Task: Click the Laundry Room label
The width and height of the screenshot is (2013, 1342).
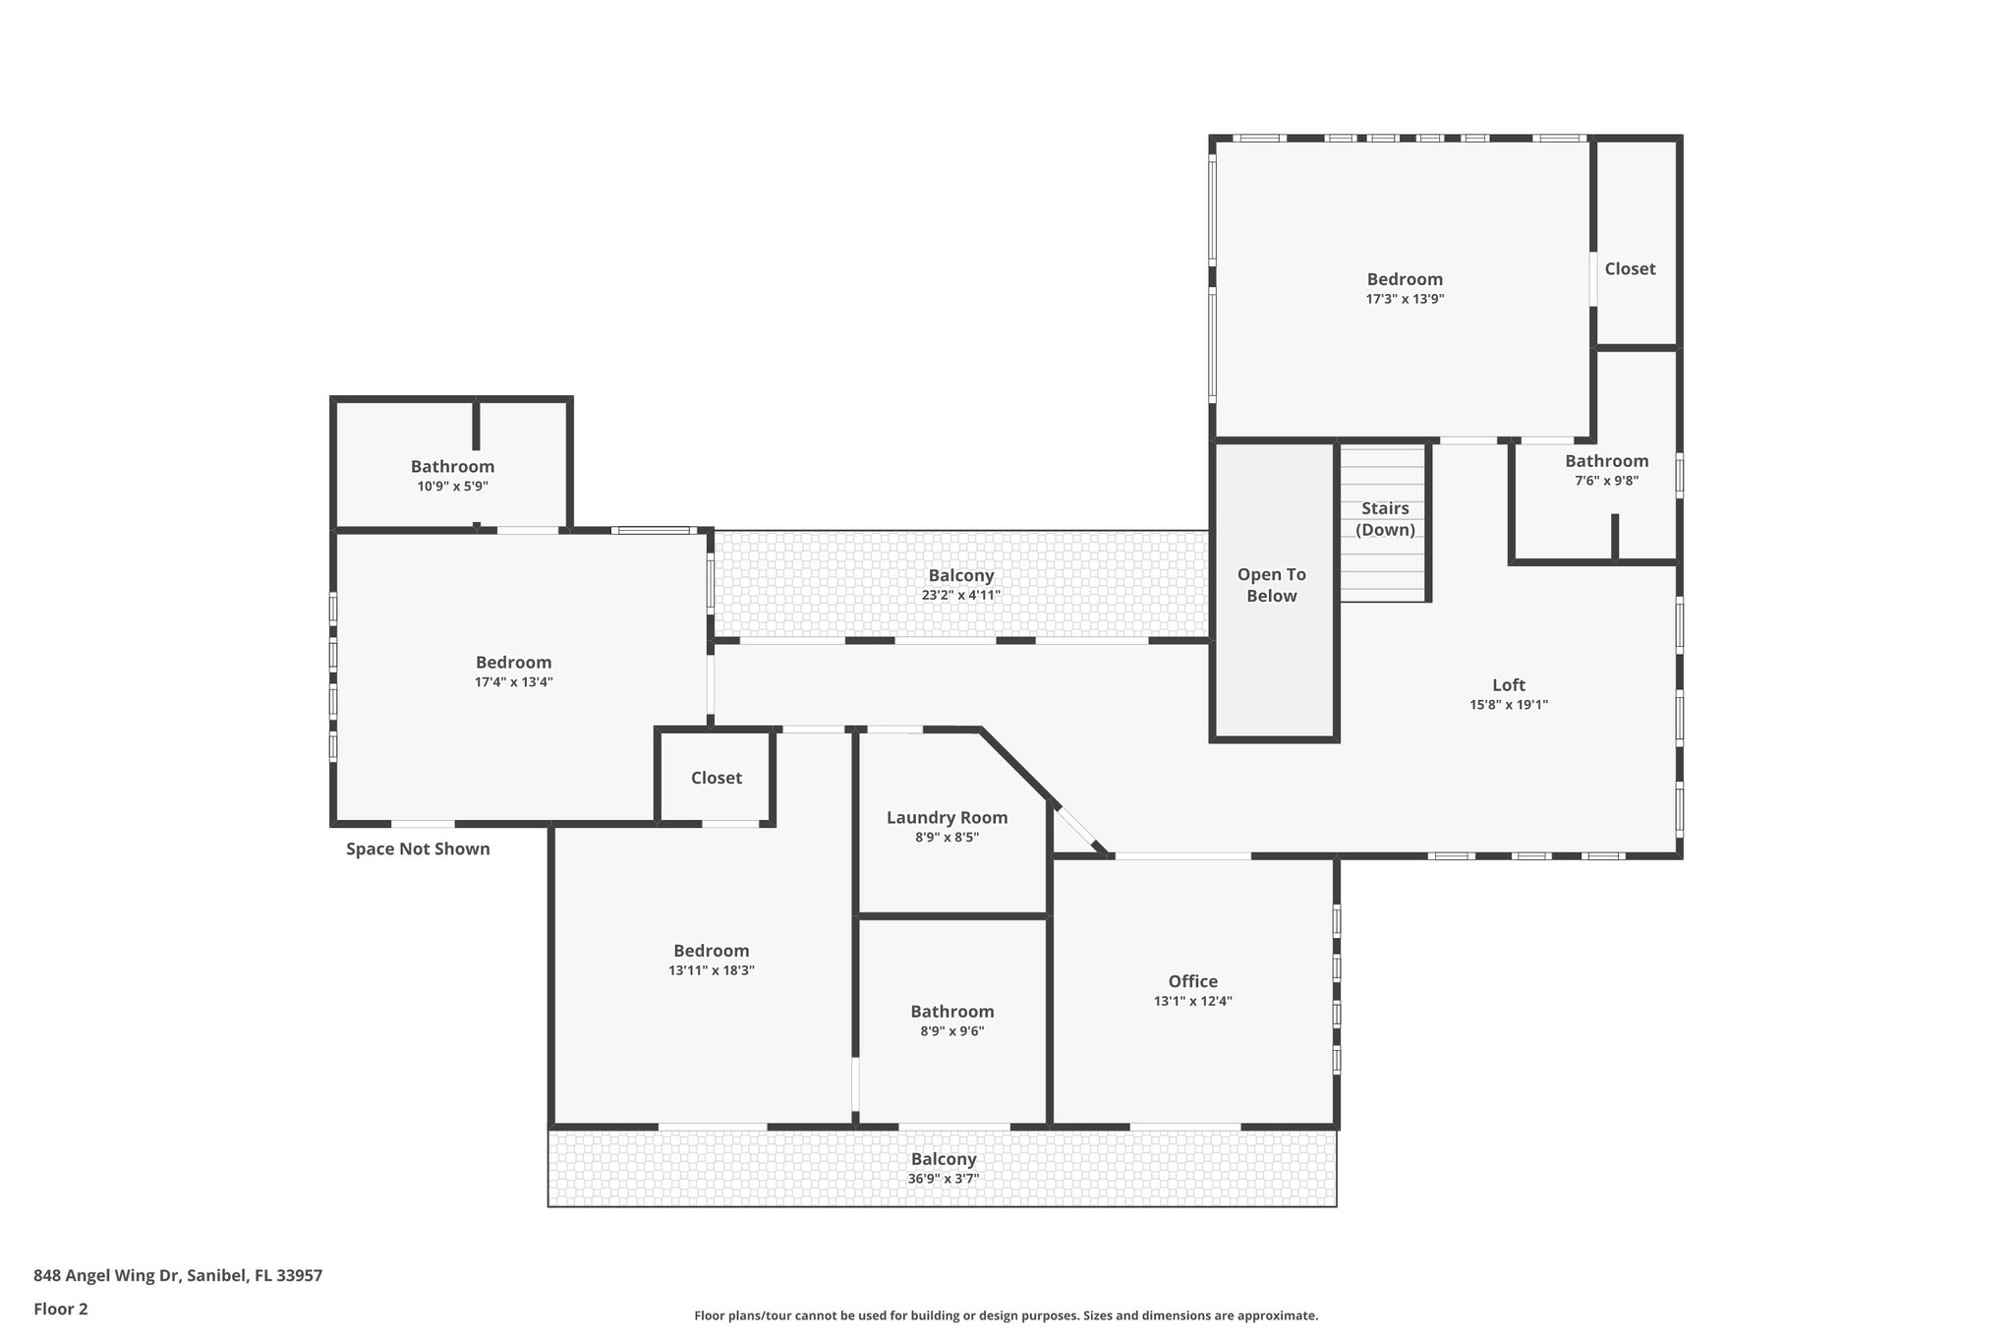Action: (x=947, y=817)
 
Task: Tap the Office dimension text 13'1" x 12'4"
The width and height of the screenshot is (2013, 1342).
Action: (x=1192, y=1001)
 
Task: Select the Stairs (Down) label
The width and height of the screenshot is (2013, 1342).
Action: (x=1385, y=519)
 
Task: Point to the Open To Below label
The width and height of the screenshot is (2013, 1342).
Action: (x=1271, y=585)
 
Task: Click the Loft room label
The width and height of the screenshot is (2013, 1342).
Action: (x=1509, y=685)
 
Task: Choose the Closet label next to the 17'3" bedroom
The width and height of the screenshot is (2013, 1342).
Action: (x=1630, y=268)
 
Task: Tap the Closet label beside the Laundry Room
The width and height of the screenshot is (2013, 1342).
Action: (x=716, y=778)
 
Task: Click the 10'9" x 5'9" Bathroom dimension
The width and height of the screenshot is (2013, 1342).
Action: (x=452, y=486)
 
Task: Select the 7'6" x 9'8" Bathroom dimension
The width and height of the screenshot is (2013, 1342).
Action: (x=1606, y=481)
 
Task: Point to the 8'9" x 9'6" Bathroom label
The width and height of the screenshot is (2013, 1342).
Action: (x=951, y=1012)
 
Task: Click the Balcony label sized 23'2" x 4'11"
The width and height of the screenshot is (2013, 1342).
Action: (x=960, y=576)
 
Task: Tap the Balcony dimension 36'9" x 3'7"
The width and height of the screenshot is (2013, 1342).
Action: (x=943, y=1178)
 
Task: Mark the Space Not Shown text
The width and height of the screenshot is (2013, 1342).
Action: (x=418, y=848)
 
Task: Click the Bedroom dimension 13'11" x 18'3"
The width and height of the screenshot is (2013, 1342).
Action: (x=711, y=969)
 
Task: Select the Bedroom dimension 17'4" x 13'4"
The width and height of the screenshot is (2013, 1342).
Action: (x=513, y=681)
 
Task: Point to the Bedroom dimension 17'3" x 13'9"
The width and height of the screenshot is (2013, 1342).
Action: (x=1405, y=299)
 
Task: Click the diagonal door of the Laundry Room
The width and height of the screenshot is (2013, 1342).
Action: (x=1079, y=828)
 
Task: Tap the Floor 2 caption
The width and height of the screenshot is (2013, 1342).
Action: (x=61, y=1309)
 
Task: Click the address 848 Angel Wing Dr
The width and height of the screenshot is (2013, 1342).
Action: (x=178, y=1275)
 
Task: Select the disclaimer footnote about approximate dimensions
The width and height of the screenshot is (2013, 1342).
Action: (x=1006, y=1315)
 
